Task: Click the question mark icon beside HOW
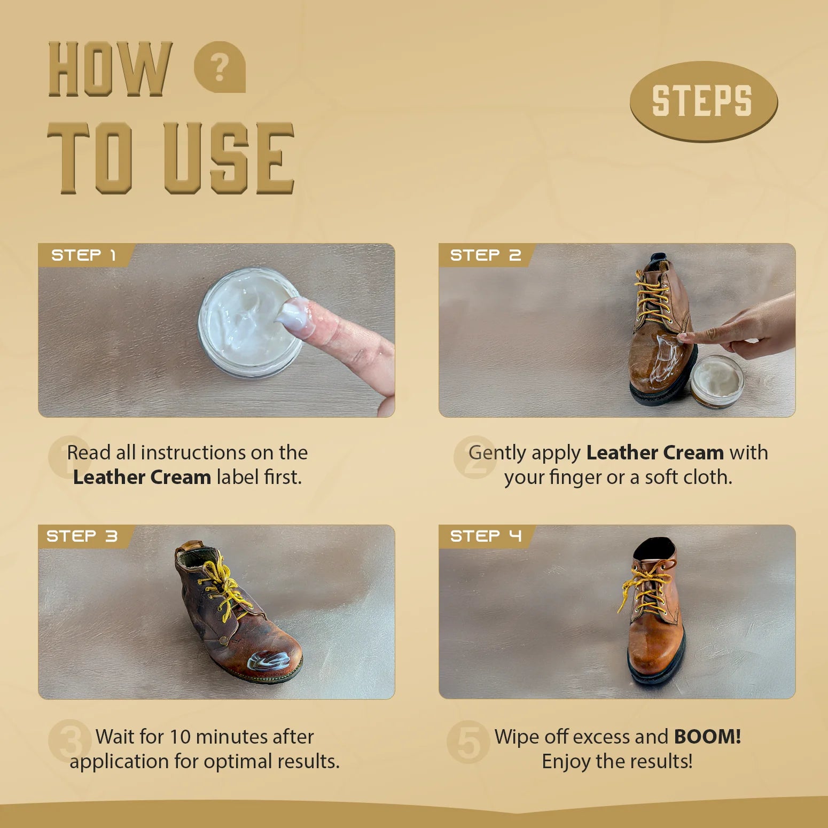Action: click(x=220, y=67)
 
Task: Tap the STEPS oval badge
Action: click(x=704, y=101)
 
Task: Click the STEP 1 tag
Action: click(x=84, y=255)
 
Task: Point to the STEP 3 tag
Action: click(x=82, y=536)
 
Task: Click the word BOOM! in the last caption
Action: click(x=707, y=737)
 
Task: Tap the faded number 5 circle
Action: click(x=468, y=742)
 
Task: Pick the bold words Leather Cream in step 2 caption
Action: click(x=655, y=453)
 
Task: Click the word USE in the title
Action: click(x=229, y=158)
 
